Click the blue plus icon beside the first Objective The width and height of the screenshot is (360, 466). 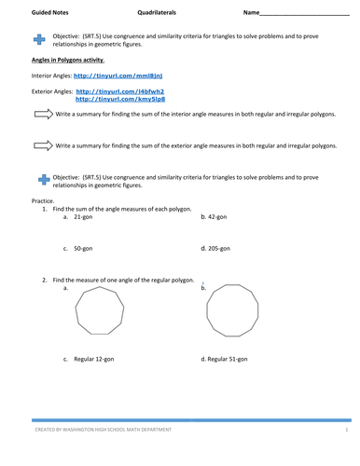[38, 39]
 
